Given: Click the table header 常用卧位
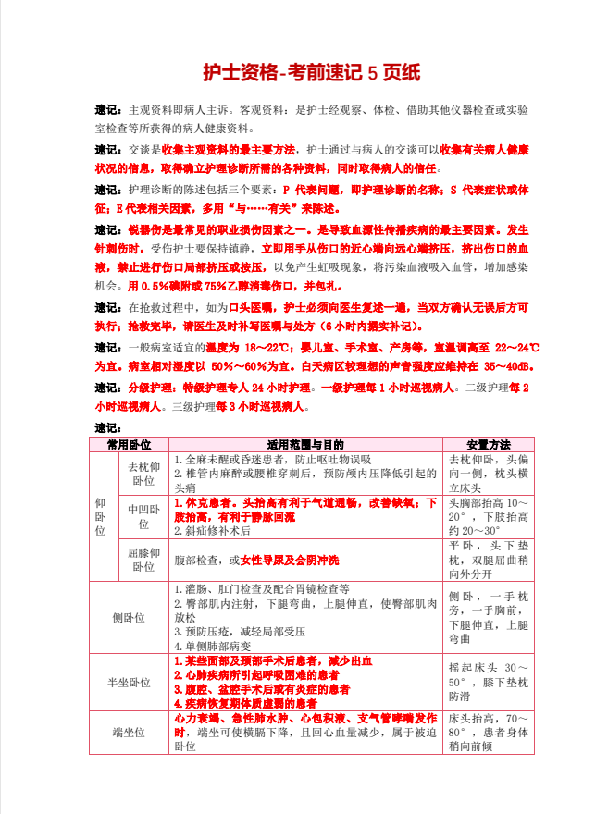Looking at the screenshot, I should point(134,445).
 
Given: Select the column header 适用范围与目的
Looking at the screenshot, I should point(305,445).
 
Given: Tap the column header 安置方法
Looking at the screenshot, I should point(489,445).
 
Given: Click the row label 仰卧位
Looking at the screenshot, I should point(101,517).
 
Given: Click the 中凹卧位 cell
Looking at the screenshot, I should point(143,516).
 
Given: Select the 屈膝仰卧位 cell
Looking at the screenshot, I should point(143,560).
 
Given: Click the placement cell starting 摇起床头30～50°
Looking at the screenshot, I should point(489,681).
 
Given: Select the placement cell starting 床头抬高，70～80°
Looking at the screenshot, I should point(489,732).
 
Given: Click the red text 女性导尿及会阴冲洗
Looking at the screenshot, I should point(290,561).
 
